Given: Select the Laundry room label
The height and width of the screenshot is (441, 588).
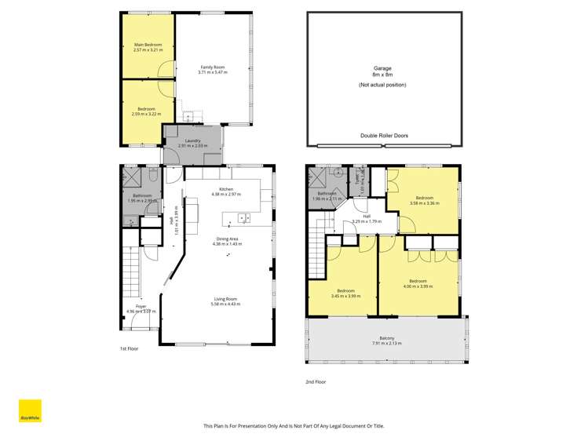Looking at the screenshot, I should [x=192, y=143].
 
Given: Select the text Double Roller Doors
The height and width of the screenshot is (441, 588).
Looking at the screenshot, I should [x=384, y=135].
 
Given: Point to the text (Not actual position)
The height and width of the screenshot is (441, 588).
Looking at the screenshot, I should [x=382, y=84].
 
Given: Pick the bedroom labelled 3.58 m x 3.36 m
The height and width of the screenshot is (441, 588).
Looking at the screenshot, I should [x=424, y=200].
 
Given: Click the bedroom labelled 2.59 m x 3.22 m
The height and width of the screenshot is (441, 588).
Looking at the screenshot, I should [x=146, y=111].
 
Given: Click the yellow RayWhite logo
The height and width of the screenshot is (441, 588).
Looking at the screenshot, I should [x=30, y=411].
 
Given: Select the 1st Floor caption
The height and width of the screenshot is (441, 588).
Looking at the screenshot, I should [x=129, y=348].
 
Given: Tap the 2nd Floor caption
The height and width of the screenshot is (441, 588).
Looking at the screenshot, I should [x=315, y=381].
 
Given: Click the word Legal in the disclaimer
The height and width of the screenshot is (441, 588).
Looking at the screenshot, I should [x=326, y=425].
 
